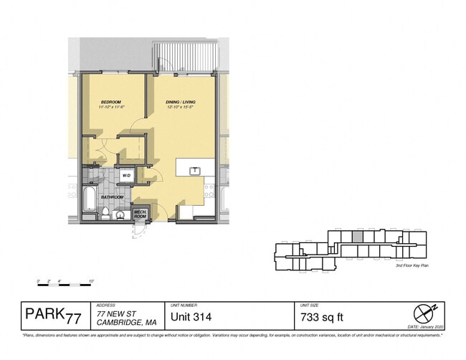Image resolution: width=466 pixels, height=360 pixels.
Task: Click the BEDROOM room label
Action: point(112,102)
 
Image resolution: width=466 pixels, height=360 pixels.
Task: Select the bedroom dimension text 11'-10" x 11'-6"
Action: point(112,108)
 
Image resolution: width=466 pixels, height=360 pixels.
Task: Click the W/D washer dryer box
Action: point(126,174)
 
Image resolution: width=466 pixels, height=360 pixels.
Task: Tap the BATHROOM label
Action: point(112,196)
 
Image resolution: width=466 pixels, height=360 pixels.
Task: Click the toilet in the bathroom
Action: point(105,212)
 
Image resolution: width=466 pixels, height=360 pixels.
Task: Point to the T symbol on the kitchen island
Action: point(194,171)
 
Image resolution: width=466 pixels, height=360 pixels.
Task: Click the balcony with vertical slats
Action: point(185,55)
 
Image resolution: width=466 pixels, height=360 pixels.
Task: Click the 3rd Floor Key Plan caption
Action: point(412,266)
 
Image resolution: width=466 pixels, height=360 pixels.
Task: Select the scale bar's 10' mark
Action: point(92,280)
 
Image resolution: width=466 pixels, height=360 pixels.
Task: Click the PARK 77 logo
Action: point(53,314)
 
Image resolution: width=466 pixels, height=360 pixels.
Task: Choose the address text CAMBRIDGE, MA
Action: point(126,321)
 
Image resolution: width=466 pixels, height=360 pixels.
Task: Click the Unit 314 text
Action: point(191,316)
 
